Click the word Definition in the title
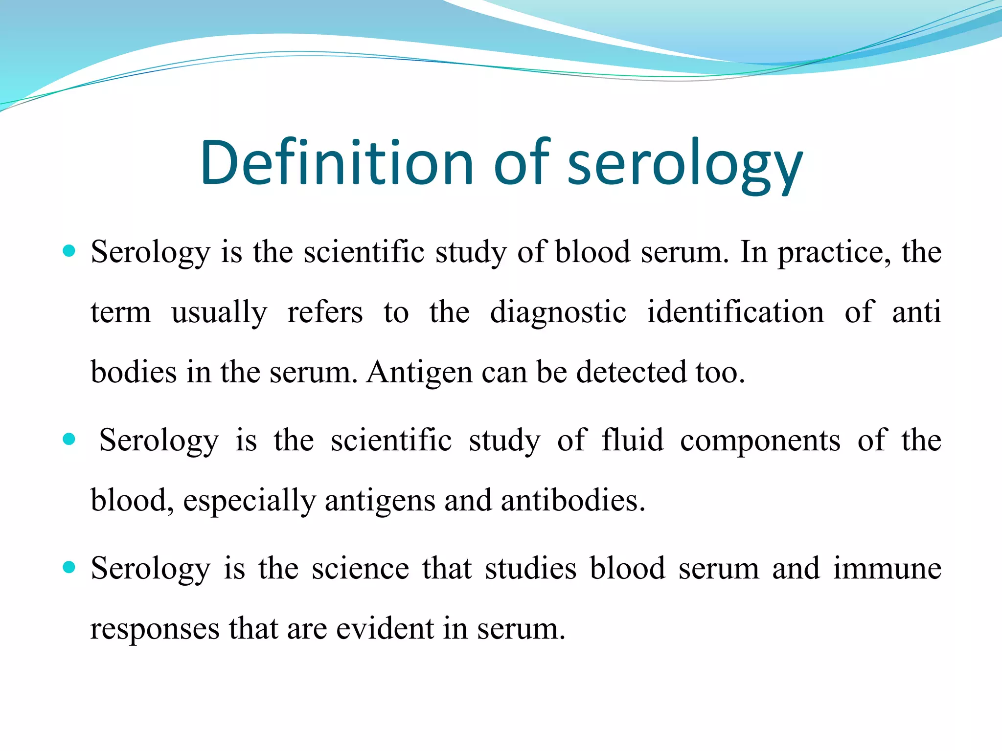(337, 163)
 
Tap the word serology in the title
(684, 164)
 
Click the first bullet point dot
(69, 251)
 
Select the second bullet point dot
(69, 439)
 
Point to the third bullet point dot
(69, 567)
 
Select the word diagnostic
(558, 313)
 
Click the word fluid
(632, 440)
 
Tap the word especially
(249, 502)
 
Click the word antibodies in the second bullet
(573, 501)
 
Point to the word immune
(887, 568)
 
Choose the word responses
(155, 630)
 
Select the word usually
(219, 313)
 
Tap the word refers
(325, 312)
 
